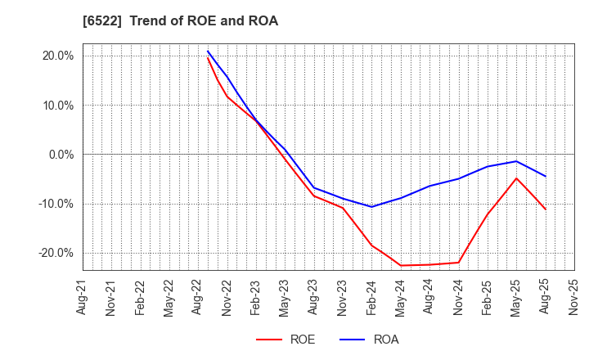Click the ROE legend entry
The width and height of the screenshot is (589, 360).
tap(286, 340)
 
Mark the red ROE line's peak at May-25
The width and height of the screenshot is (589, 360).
tap(516, 178)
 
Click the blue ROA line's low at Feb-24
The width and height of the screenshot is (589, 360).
tap(371, 206)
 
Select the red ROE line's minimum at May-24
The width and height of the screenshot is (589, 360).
tap(401, 265)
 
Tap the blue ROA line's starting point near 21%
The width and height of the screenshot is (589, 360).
tap(208, 51)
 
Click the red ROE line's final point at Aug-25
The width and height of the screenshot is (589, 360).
tap(546, 209)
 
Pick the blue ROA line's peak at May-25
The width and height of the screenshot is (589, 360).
tap(516, 161)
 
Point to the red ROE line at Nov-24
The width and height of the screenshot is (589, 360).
tap(458, 263)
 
